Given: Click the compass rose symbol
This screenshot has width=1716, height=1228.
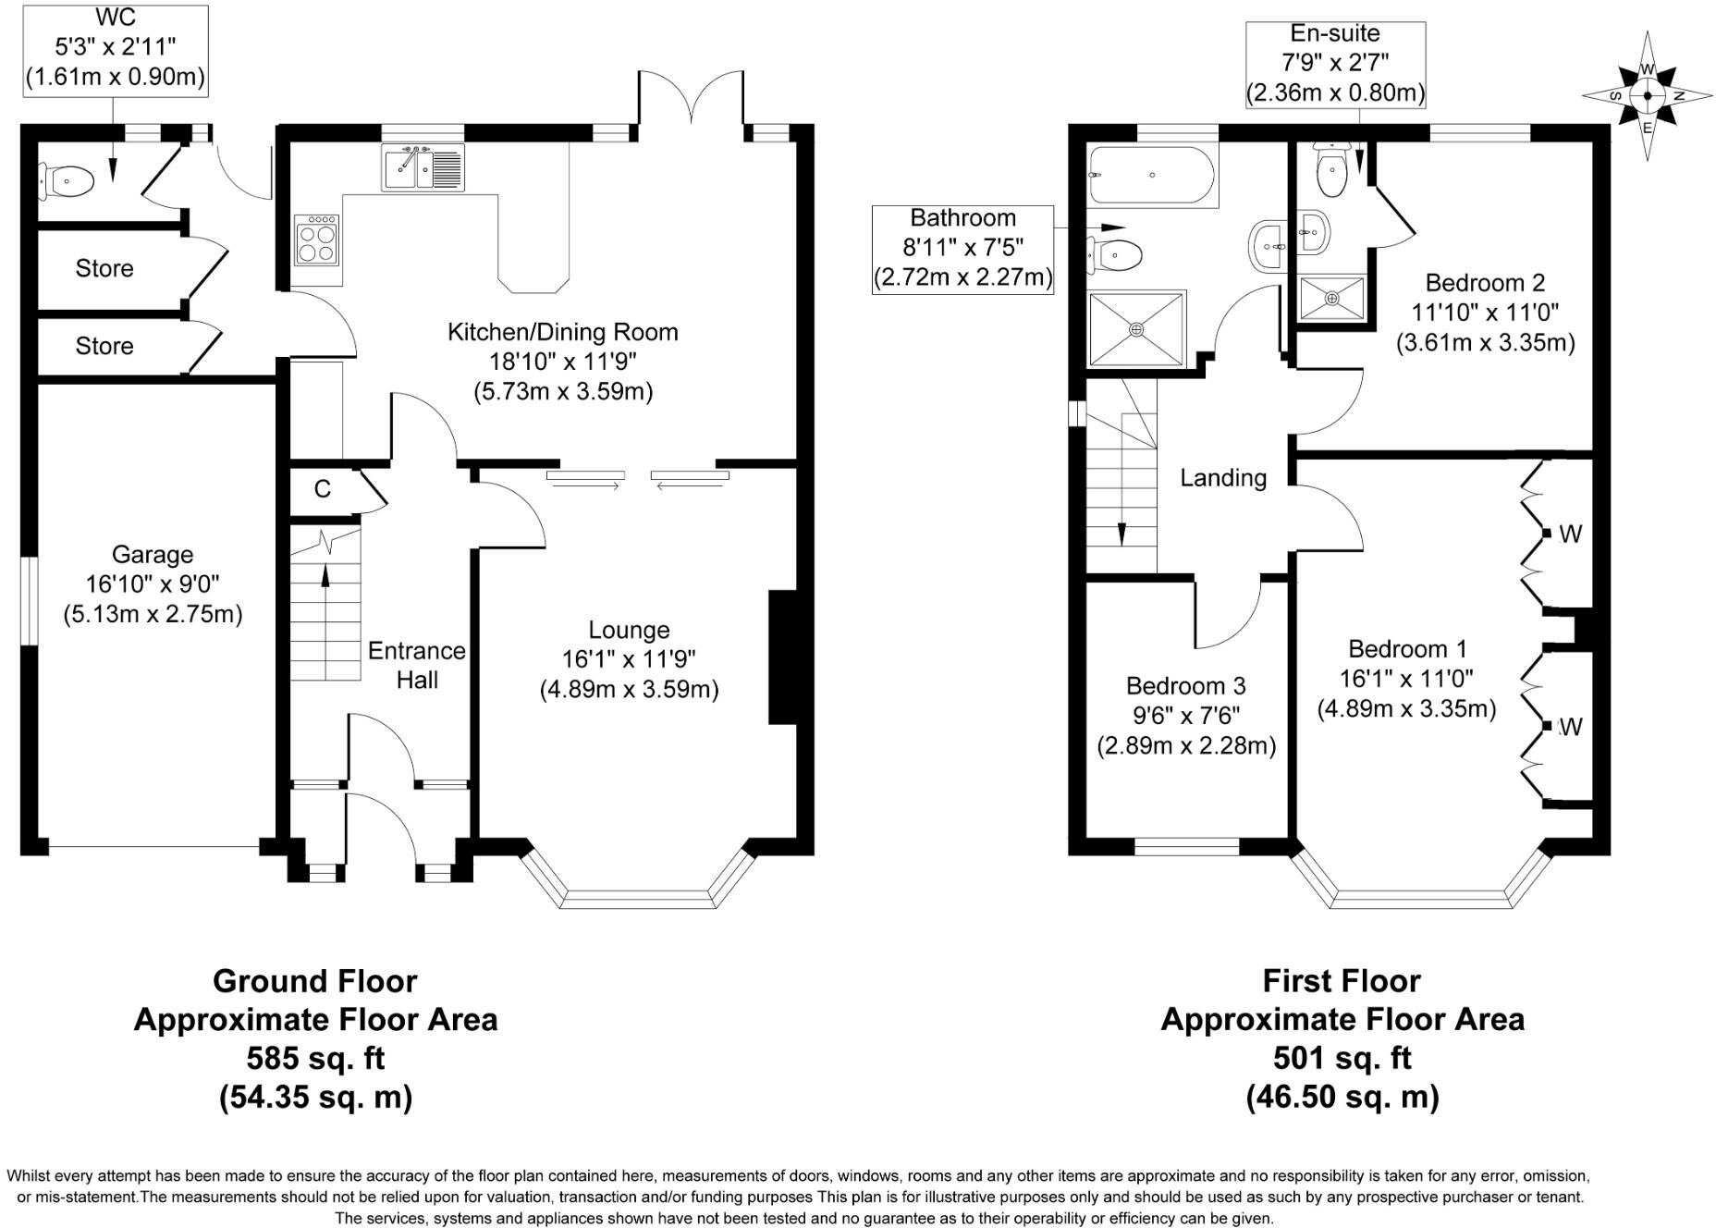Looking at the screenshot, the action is click(x=1647, y=95).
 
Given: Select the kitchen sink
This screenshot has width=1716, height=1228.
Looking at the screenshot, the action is click(x=423, y=167).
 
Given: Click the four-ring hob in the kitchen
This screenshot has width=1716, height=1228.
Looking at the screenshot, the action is click(x=317, y=239).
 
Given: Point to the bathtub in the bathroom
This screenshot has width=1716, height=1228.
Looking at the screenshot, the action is click(x=1153, y=176).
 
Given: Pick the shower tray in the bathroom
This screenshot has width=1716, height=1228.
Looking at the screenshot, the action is click(x=1136, y=329).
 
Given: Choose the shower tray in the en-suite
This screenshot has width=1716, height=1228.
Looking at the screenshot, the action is click(x=1331, y=298).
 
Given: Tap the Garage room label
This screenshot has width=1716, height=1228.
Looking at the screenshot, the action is click(x=153, y=555).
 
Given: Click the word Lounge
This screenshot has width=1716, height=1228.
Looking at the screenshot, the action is click(x=629, y=631).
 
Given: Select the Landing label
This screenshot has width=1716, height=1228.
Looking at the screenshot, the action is click(x=1223, y=478).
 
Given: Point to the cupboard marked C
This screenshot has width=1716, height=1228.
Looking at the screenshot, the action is click(x=324, y=489).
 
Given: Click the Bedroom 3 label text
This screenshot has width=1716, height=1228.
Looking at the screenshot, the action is click(x=1186, y=686).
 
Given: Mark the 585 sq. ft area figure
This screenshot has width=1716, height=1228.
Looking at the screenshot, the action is click(x=315, y=1058).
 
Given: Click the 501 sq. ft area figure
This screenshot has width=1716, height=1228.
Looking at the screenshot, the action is click(x=1342, y=1058).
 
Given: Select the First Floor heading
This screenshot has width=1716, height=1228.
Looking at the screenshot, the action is click(x=1342, y=980).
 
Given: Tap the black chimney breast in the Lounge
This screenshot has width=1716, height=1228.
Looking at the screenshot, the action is click(x=782, y=657).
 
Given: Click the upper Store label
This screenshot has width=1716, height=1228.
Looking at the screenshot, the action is click(x=104, y=268).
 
